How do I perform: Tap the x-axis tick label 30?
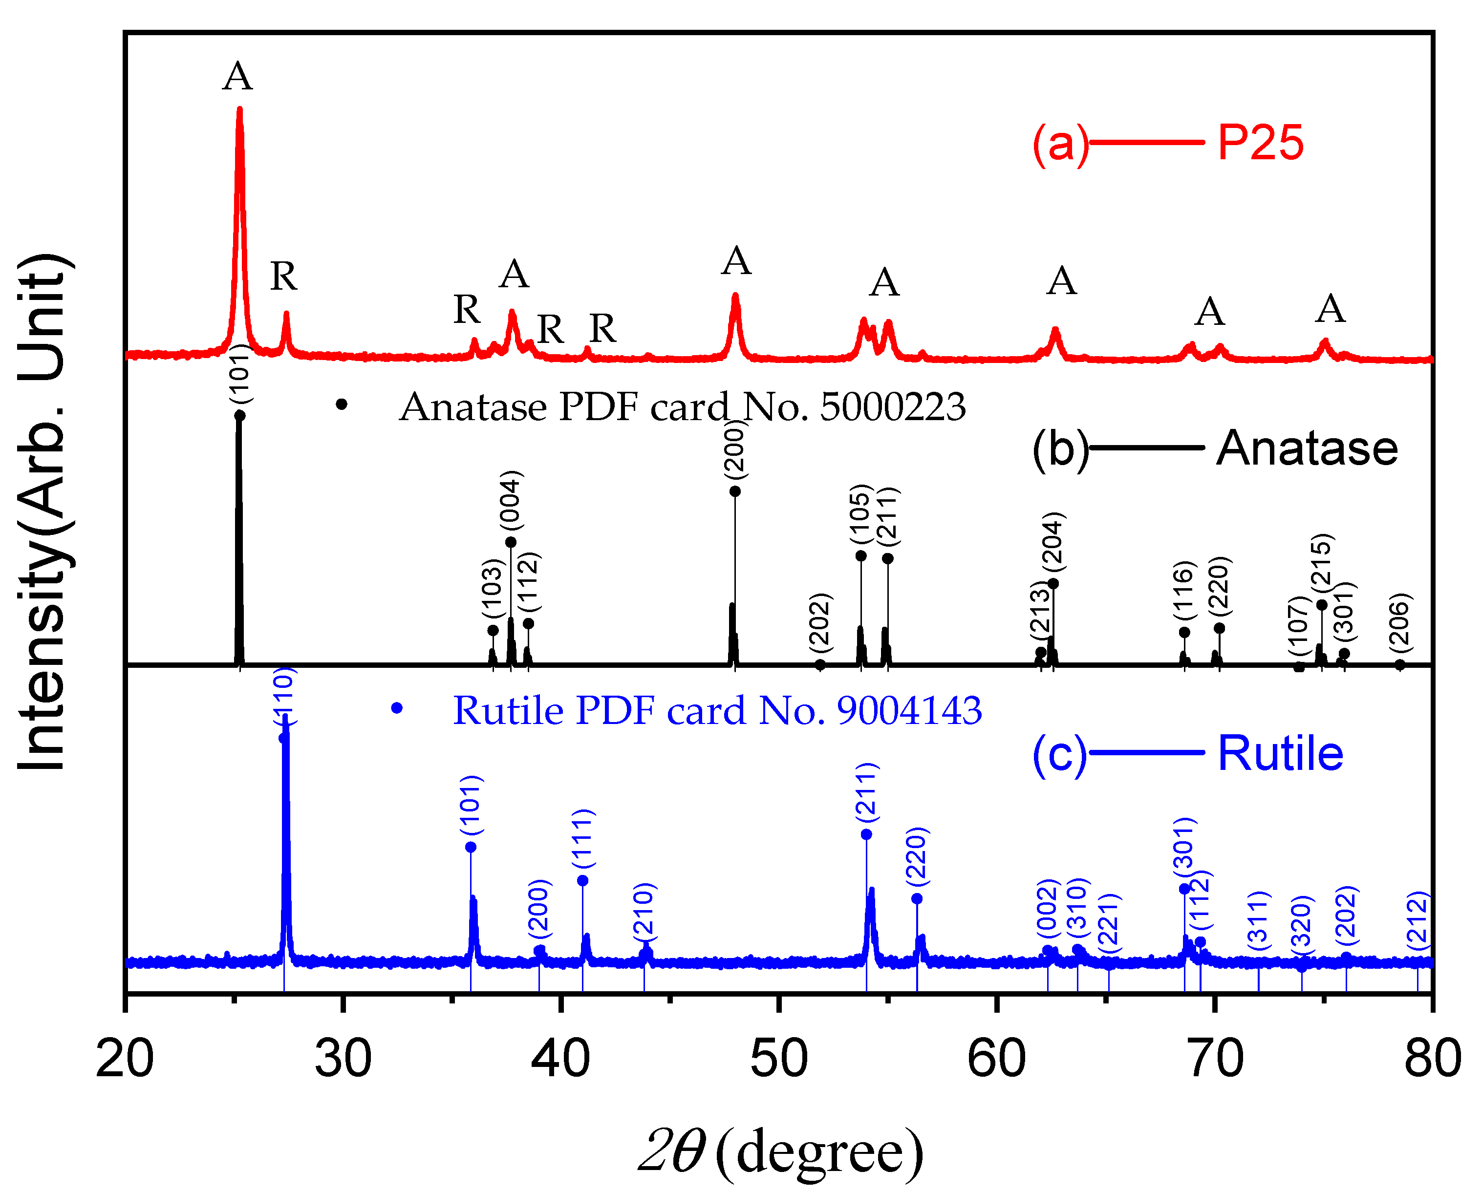coord(343,1059)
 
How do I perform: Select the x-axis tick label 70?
coord(1215,1059)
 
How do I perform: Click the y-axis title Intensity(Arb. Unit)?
coord(43,512)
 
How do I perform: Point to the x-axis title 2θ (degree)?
coord(780,1150)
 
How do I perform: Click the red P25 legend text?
coord(1260,143)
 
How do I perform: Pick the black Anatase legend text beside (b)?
coord(1307,448)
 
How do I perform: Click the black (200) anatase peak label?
coord(735,450)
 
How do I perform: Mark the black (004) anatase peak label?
coord(511,500)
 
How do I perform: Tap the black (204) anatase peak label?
coord(1052,542)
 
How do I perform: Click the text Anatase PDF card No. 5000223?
coord(682,407)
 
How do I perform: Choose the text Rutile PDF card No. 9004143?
coord(717,710)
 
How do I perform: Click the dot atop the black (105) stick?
coord(860,555)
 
